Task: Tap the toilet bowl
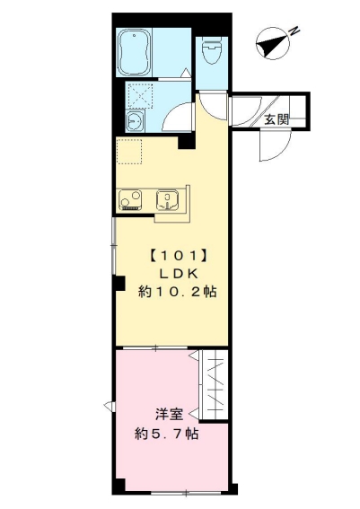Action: (212, 53)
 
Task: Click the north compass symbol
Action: (269, 42)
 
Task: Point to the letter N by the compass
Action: (294, 31)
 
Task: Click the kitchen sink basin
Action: (168, 199)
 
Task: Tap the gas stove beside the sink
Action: (129, 199)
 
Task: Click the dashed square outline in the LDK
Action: (130, 153)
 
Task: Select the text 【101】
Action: (177, 253)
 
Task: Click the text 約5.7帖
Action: (167, 434)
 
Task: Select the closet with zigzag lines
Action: (215, 386)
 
